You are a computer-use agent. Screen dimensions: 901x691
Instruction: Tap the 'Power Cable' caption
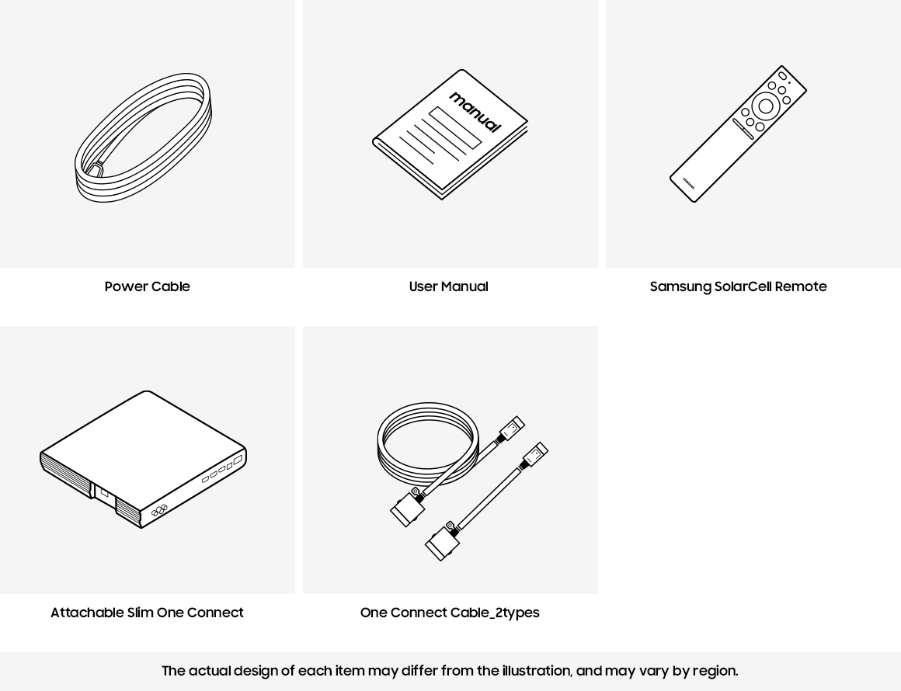(x=147, y=286)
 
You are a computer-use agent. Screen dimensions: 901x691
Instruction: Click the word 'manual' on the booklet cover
(x=475, y=112)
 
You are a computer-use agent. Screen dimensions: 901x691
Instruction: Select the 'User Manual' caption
(x=448, y=286)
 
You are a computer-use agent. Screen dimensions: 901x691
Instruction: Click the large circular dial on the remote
(x=765, y=106)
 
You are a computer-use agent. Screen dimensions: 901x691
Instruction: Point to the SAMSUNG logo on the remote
(x=688, y=182)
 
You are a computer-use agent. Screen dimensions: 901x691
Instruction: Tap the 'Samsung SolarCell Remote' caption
(x=738, y=286)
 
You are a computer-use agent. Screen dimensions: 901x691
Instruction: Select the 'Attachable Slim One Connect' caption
(x=147, y=613)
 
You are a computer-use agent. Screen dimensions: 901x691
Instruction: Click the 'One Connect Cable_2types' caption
(x=450, y=613)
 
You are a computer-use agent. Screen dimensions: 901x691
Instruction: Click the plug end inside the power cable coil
(x=94, y=169)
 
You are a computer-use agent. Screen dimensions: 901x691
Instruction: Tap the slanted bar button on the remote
(x=743, y=129)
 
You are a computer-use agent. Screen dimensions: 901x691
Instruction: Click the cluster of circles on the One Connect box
(x=159, y=509)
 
